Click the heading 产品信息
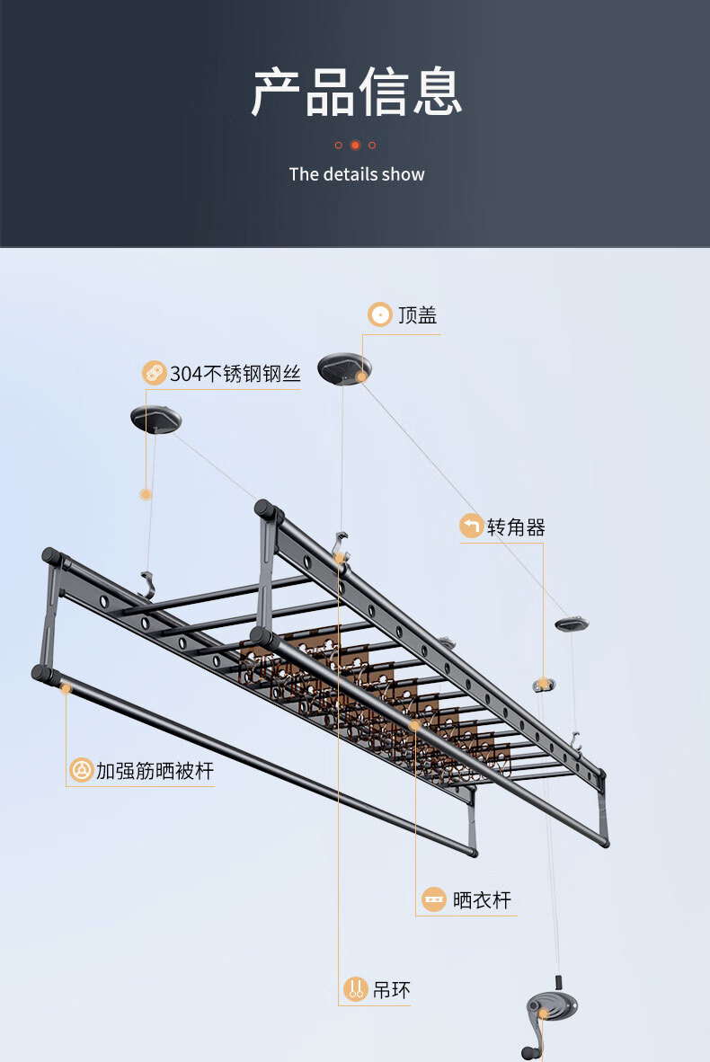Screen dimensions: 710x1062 (357, 92)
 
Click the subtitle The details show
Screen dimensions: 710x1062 (357, 174)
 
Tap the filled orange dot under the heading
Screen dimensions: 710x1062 (355, 145)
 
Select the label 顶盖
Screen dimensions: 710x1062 (417, 315)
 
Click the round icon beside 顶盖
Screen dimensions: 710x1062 (380, 314)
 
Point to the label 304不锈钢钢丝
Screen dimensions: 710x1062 (235, 373)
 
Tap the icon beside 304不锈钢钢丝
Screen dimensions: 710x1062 (155, 373)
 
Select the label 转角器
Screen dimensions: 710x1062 (516, 527)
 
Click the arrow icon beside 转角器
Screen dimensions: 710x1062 (472, 526)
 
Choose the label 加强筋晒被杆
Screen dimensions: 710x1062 (155, 771)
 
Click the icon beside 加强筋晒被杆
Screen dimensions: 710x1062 (82, 770)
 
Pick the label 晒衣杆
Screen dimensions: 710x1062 (482, 900)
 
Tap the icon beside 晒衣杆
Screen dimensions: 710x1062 (433, 899)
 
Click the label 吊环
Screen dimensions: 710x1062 (392, 990)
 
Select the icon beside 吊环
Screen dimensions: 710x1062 (356, 989)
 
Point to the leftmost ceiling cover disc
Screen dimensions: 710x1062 (155, 420)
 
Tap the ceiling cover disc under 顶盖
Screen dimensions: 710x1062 (345, 368)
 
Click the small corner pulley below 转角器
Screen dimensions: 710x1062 (544, 685)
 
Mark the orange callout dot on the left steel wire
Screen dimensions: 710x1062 (146, 495)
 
